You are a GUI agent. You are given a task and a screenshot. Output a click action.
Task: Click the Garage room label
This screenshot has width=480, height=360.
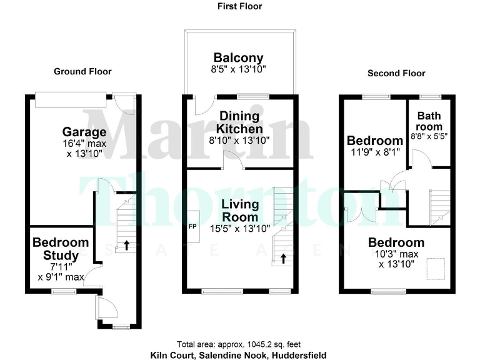[84, 132]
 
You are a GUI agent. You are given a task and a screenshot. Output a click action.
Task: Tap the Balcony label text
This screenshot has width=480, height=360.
[238, 58]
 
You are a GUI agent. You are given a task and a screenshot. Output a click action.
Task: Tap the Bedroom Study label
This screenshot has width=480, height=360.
[61, 249]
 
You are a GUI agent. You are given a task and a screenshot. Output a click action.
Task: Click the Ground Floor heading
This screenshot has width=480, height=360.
[82, 71]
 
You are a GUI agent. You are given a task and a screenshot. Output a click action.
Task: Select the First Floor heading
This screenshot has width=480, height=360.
[239, 6]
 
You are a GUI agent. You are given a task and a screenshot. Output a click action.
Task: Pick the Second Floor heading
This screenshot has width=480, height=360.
[396, 73]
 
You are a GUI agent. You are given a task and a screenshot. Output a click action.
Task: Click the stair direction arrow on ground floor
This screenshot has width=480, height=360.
[126, 245]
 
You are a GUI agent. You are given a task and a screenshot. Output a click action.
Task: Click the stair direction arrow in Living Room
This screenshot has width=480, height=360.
[284, 258]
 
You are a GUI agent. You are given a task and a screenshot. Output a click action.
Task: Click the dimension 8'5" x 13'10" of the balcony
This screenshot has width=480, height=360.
[238, 71]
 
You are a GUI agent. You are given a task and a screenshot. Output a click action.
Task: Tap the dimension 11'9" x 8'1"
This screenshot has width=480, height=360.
[375, 151]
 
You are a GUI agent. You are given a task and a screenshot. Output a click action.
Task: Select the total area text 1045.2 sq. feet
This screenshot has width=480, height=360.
[239, 344]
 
